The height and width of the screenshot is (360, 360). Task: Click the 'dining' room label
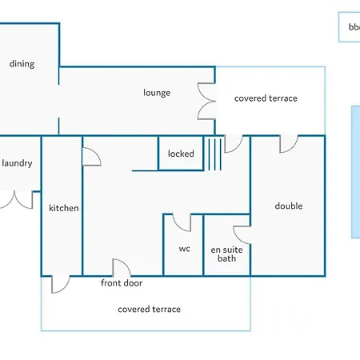click(x=22, y=64)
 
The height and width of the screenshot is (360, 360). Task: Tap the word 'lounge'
click(x=157, y=93)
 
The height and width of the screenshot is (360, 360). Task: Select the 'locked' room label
click(x=181, y=154)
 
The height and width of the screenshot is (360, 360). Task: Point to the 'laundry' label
click(x=17, y=163)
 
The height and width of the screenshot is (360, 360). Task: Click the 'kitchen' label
click(x=64, y=208)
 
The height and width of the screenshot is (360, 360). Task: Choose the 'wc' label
click(x=185, y=249)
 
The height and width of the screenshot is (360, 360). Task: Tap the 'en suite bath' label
click(x=226, y=254)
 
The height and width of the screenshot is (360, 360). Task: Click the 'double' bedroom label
click(x=289, y=206)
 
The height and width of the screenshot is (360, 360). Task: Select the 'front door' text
click(x=122, y=283)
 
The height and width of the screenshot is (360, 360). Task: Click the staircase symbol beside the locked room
click(x=214, y=154)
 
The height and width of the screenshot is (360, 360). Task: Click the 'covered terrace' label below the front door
click(x=150, y=310)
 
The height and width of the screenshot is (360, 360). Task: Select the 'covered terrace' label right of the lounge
click(x=266, y=98)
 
